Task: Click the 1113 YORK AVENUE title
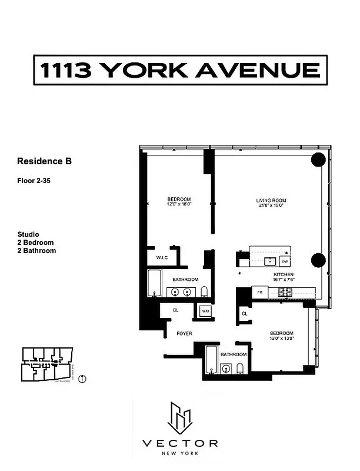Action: [179, 71]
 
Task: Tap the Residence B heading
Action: [44, 161]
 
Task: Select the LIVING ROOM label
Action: [270, 200]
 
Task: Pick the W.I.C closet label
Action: [163, 257]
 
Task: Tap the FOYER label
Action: [185, 334]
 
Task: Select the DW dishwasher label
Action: [285, 261]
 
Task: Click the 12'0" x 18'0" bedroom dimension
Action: [179, 204]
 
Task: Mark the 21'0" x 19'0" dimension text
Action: [270, 205]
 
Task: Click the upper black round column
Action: [318, 160]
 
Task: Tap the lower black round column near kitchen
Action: [318, 260]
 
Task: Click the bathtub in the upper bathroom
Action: [155, 284]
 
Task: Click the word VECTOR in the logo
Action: [180, 443]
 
